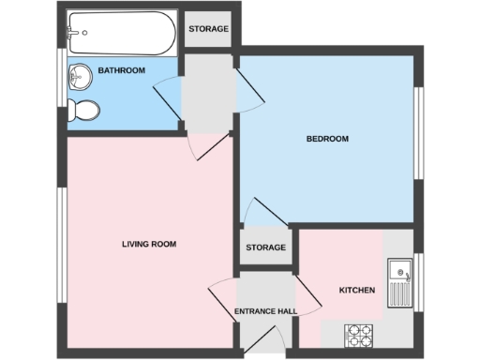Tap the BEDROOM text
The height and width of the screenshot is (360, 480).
tap(327, 139)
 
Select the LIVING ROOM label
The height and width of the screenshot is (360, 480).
tap(149, 244)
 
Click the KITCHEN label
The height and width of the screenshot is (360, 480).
tap(356, 291)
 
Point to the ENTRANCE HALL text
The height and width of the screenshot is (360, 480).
tap(265, 311)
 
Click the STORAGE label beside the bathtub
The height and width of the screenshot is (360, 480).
tap(208, 29)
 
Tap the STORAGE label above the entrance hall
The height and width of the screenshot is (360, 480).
tap(265, 248)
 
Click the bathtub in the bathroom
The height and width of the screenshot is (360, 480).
tap(120, 33)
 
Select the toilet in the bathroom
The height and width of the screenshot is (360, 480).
tap(85, 110)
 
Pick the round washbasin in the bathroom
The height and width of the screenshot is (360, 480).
tap(81, 78)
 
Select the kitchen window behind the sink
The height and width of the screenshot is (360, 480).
tap(418, 279)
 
